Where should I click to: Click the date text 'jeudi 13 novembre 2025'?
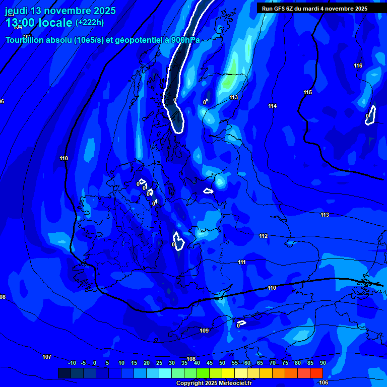[x=60, y=11]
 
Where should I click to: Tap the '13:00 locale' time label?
[x=38, y=23]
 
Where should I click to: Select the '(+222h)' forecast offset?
[x=90, y=22]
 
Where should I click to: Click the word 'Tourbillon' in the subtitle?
[x=26, y=40]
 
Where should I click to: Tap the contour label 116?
[x=358, y=66]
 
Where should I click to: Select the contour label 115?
[x=308, y=92]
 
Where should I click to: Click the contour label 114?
[x=273, y=106]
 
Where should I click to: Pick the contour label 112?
[x=264, y=236]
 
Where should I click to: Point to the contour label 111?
[x=242, y=262]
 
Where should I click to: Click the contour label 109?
[x=204, y=331]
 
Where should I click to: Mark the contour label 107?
[x=47, y=357]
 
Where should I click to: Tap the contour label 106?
[x=324, y=382]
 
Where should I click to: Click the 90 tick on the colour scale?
[x=322, y=363]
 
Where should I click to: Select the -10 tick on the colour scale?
[x=72, y=363]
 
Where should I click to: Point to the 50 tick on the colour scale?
[x=222, y=363]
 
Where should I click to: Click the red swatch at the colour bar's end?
[x=316, y=373]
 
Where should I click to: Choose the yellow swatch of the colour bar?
[x=228, y=373]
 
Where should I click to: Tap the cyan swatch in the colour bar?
[x=165, y=373]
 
